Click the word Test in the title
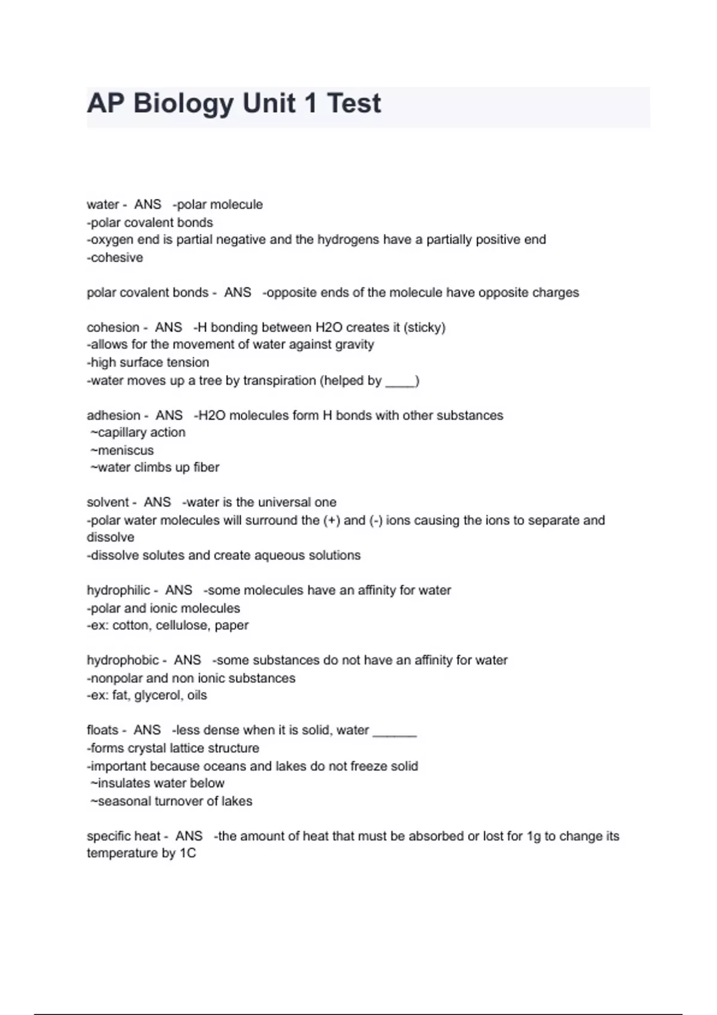(x=354, y=103)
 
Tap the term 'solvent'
(x=108, y=502)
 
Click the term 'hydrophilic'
(x=118, y=590)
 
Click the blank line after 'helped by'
(x=400, y=383)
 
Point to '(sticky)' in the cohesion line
(x=425, y=327)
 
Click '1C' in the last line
(x=188, y=853)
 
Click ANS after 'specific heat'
(x=189, y=836)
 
